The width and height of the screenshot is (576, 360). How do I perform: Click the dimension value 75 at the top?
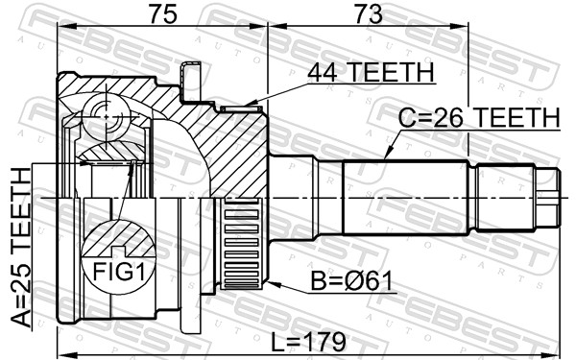point(160,14)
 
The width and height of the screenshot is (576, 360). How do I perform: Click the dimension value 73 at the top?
point(368,14)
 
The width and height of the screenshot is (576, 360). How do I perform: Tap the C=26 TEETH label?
point(479,117)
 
